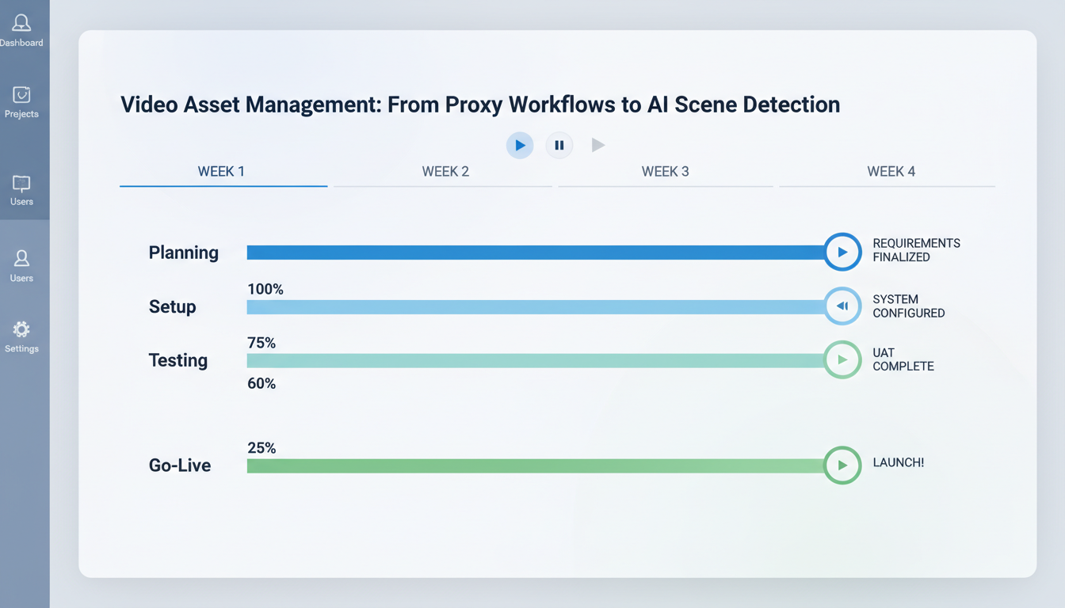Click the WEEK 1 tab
click(x=221, y=171)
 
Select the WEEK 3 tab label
click(x=665, y=171)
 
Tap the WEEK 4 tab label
click(x=891, y=171)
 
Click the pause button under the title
click(x=559, y=145)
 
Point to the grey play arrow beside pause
click(x=598, y=145)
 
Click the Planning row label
click(x=183, y=253)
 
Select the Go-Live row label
click(x=180, y=465)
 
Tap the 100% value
click(x=265, y=290)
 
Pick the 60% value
click(x=261, y=384)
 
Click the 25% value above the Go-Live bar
click(x=261, y=448)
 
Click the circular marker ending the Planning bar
click(x=842, y=253)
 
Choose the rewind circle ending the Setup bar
click(x=842, y=306)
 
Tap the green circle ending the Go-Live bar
click(x=842, y=465)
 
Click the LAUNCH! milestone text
click(x=898, y=462)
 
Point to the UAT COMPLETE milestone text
click(x=903, y=359)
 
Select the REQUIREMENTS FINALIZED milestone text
click(x=916, y=250)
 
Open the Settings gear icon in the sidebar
click(x=21, y=329)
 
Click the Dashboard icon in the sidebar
click(x=21, y=24)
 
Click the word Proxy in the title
click(x=473, y=104)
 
